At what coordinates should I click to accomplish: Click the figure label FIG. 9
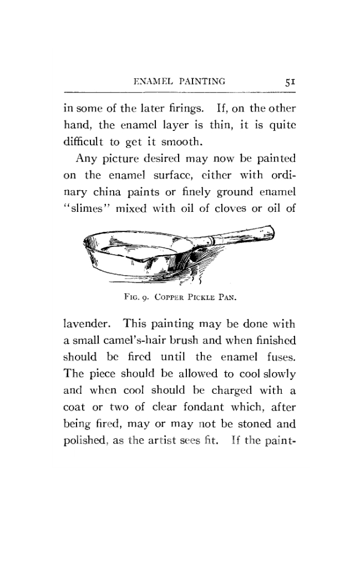[x=133, y=296]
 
